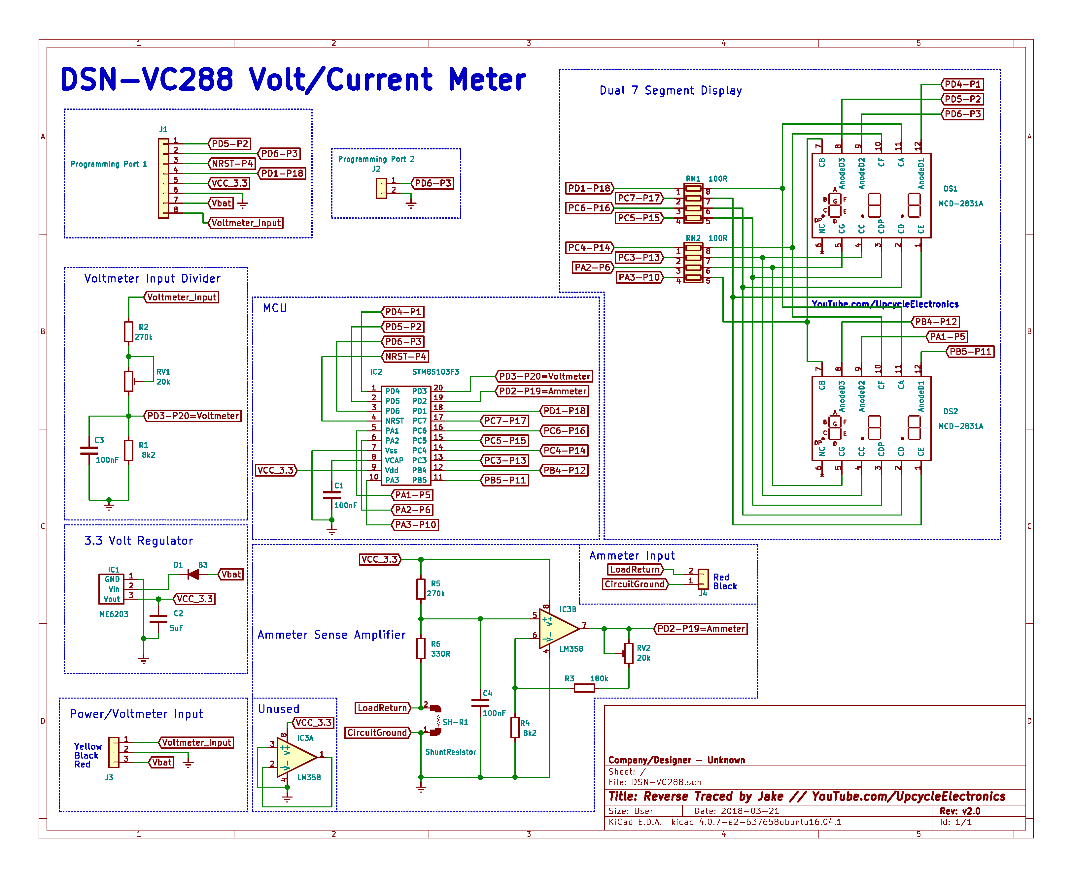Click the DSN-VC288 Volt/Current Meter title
click(293, 80)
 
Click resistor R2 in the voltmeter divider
click(129, 332)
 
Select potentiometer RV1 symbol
click(129, 381)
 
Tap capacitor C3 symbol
click(89, 450)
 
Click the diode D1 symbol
click(193, 575)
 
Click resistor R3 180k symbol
click(584, 688)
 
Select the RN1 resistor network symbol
click(693, 204)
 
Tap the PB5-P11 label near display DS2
click(970, 352)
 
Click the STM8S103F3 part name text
click(435, 372)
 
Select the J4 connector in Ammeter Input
click(703, 579)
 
